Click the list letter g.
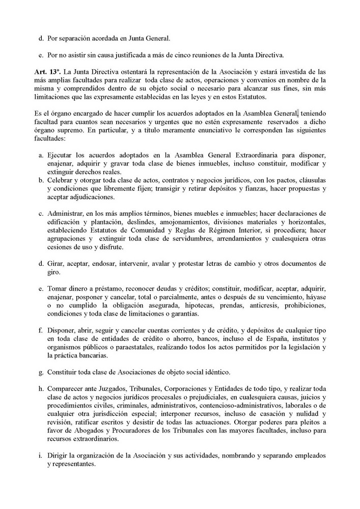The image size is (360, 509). pyautogui.click(x=41, y=371)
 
